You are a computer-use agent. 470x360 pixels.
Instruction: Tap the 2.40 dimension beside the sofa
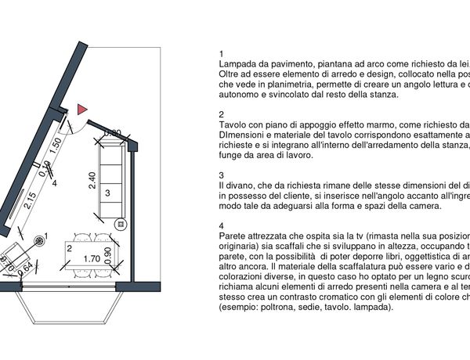pos(92,182)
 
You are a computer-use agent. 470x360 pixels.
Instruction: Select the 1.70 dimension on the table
pos(90,257)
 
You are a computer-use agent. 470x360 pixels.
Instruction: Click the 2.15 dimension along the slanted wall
pos(30,201)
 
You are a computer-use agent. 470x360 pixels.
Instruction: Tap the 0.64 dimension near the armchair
pos(27,267)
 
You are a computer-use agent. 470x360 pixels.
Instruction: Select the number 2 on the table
pos(70,248)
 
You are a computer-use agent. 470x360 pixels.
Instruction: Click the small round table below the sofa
pos(121,224)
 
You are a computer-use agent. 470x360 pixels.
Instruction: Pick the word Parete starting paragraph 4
pos(235,235)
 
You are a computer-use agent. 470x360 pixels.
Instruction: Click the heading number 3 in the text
pos(222,175)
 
